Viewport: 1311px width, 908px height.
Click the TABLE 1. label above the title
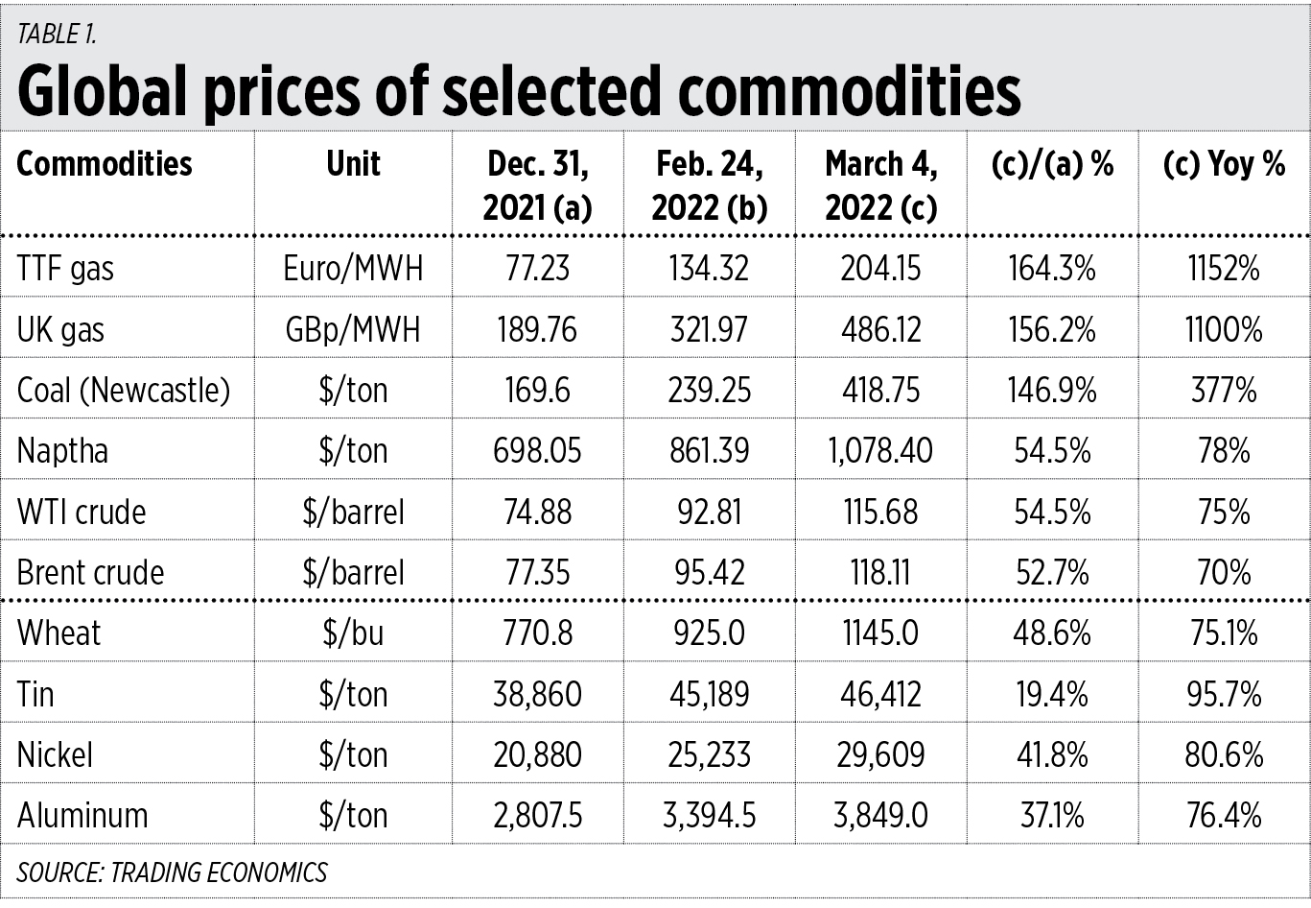click(x=57, y=35)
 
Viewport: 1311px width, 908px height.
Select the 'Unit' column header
click(x=353, y=164)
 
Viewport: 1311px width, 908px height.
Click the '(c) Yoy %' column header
click(x=1224, y=164)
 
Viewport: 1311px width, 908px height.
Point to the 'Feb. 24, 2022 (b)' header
click(x=710, y=185)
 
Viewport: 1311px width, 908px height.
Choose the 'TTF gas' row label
click(x=65, y=269)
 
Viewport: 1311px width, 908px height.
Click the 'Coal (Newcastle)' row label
click(x=124, y=391)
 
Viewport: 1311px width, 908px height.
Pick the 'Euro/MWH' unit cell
click(x=353, y=269)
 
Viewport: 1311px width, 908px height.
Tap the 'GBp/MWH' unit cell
click(x=353, y=330)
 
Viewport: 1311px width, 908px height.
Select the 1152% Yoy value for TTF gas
click(x=1224, y=269)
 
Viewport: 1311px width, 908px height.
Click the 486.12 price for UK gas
click(x=880, y=330)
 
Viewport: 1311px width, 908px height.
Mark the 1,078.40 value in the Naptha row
click(x=880, y=451)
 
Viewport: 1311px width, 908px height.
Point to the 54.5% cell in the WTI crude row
click(x=1052, y=513)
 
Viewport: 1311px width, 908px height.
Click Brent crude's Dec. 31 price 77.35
click(x=537, y=573)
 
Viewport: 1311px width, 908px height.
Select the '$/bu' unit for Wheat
click(x=353, y=633)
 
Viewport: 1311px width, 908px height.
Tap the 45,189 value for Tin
click(x=710, y=694)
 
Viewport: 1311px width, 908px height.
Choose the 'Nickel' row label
click(x=55, y=755)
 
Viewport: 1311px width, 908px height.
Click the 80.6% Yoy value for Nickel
click(x=1224, y=755)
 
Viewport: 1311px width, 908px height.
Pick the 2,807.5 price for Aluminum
click(x=537, y=816)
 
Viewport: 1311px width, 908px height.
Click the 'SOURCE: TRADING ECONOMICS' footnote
click(x=172, y=872)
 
